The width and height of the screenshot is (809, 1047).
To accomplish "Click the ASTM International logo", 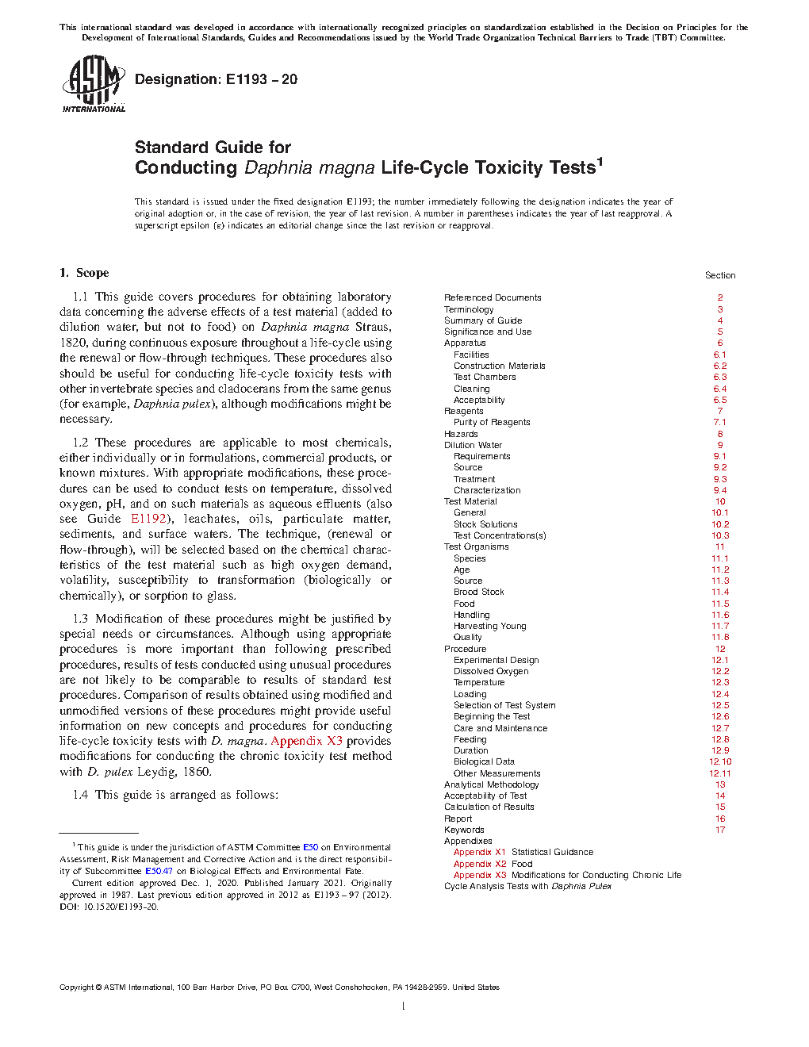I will pos(94,83).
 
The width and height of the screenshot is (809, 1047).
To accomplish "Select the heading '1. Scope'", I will pos(84,273).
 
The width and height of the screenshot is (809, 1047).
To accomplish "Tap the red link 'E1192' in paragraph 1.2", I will pos(149,519).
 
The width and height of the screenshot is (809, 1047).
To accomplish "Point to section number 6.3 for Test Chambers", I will pos(719,377).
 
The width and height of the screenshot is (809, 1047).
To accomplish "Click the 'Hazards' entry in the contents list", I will pos(461,434).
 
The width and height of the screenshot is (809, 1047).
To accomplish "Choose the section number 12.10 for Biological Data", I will pos(719,761).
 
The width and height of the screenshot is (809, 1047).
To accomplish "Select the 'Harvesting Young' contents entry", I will pos(489,626).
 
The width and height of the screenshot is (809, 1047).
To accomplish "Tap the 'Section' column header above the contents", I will pos(719,275).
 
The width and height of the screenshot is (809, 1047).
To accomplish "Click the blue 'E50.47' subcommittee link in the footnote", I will pos(159,871).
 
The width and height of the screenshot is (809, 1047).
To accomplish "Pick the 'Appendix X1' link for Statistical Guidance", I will pos(479,852).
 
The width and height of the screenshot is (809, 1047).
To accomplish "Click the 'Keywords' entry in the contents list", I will pos(464,830).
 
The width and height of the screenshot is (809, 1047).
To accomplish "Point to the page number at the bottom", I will pos(404,1007).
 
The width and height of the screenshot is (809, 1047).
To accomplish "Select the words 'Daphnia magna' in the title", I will pos(309,168).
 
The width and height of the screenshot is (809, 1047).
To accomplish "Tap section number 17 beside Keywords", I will pos(719,830).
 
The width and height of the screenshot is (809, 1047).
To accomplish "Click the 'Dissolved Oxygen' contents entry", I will pos(491,671).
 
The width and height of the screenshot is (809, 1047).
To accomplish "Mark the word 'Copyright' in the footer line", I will pos(76,988).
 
